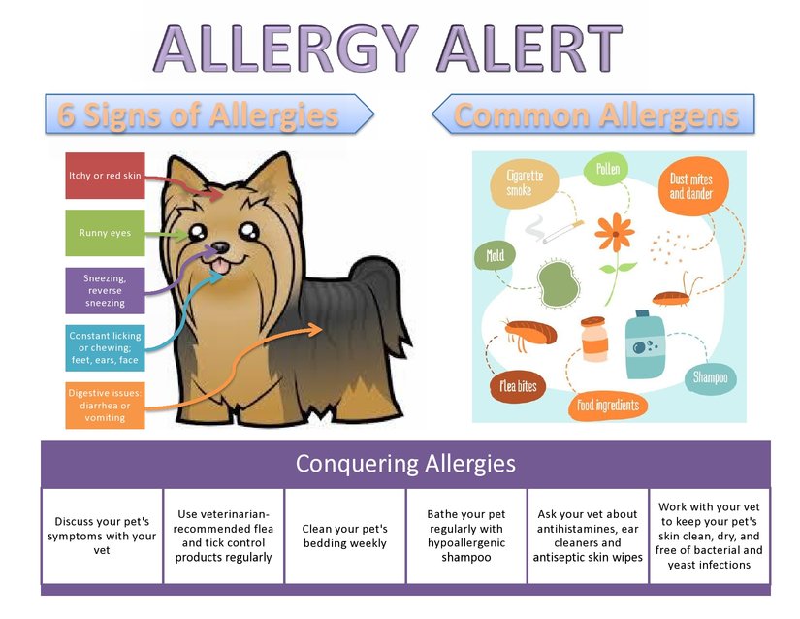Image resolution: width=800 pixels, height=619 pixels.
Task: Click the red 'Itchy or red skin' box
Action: (105, 176)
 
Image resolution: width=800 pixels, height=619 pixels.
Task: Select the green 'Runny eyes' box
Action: (105, 233)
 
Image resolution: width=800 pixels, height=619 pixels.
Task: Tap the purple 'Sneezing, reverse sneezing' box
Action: (105, 290)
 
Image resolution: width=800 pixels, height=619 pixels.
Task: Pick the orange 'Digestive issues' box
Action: (105, 406)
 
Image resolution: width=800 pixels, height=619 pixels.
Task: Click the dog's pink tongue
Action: (221, 266)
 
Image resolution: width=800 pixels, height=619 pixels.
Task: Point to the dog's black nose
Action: (220, 248)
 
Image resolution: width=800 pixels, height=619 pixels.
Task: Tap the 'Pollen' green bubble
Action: (606, 169)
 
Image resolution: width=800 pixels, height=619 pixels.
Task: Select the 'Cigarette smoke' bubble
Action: (525, 183)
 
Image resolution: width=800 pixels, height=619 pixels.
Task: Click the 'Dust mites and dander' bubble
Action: (692, 185)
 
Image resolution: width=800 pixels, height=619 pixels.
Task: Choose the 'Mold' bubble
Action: (495, 255)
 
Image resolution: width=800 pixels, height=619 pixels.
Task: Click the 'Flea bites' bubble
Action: (518, 386)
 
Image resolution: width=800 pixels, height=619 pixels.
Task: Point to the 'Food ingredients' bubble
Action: (608, 406)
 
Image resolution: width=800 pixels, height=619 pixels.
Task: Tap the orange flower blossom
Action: (615, 234)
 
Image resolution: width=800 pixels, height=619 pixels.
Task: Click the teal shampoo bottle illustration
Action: (645, 345)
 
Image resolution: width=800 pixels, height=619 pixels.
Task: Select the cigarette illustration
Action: (562, 232)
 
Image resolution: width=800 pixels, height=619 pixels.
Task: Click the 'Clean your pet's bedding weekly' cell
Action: (345, 536)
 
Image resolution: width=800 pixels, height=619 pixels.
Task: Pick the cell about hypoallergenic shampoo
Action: (466, 536)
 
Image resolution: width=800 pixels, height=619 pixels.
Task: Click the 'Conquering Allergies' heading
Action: (405, 464)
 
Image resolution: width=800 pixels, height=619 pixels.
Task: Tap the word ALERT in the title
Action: (529, 49)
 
